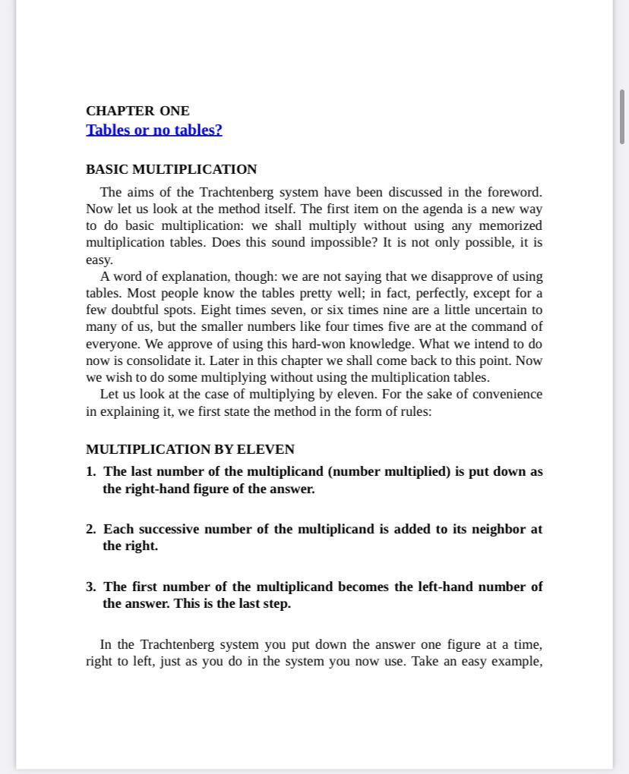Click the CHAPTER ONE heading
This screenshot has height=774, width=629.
coord(137,111)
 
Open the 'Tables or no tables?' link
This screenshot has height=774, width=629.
coord(154,130)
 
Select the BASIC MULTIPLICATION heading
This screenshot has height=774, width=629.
coord(171,169)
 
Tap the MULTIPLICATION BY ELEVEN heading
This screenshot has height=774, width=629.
coord(190,449)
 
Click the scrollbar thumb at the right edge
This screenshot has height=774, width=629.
coord(622,116)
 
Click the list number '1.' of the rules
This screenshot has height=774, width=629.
coord(91,472)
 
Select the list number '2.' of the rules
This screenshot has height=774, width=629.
coord(91,530)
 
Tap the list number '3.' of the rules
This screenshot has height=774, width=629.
coord(91,587)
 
